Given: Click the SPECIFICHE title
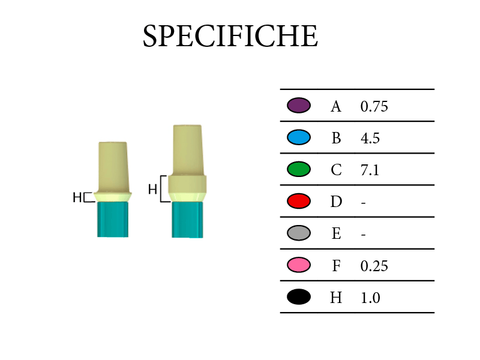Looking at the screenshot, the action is tap(230, 36).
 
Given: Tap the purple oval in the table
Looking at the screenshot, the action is tap(299, 106).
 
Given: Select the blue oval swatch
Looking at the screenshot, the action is tap(299, 137).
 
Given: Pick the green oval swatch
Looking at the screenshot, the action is tap(299, 169).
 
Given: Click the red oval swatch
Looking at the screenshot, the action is tap(299, 201).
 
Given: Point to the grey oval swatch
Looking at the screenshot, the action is tap(299, 233).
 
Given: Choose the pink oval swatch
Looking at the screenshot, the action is tap(299, 265).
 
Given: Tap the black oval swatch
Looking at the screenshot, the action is tap(299, 296).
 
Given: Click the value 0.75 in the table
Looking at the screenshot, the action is tap(374, 107).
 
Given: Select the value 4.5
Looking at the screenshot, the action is tap(370, 139).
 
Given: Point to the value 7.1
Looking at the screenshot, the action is tap(370, 170).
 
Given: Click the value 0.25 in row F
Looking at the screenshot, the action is tap(374, 266).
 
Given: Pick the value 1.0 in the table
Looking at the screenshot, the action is tap(370, 298).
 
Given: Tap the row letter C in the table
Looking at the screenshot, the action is tap(336, 170).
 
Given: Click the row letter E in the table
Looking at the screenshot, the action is tap(337, 233).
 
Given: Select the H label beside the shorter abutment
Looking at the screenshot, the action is tap(77, 197).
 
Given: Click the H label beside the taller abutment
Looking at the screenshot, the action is tap(152, 189).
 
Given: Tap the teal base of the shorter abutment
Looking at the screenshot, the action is tap(113, 219).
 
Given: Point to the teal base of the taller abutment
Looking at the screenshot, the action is tap(187, 220).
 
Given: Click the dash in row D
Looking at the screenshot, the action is tap(364, 203).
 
